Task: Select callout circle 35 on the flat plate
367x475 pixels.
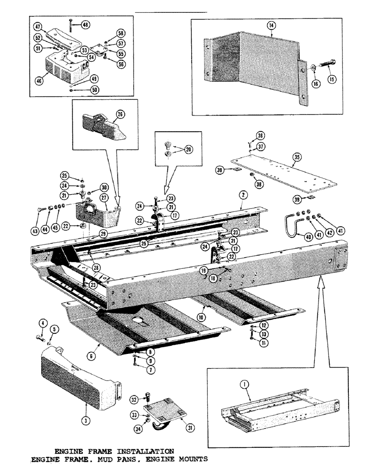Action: point(297,157)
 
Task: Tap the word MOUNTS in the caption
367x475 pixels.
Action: point(191,459)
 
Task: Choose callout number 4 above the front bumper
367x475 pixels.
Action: point(42,324)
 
